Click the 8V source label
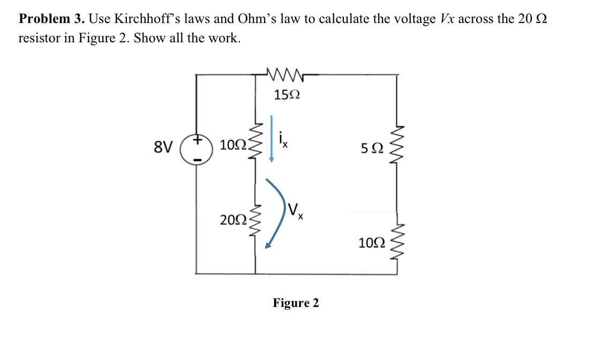click(163, 146)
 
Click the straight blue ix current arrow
click(272, 138)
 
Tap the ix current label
click(283, 140)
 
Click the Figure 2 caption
click(296, 303)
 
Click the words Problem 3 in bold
click(51, 19)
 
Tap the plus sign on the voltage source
click(197, 140)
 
